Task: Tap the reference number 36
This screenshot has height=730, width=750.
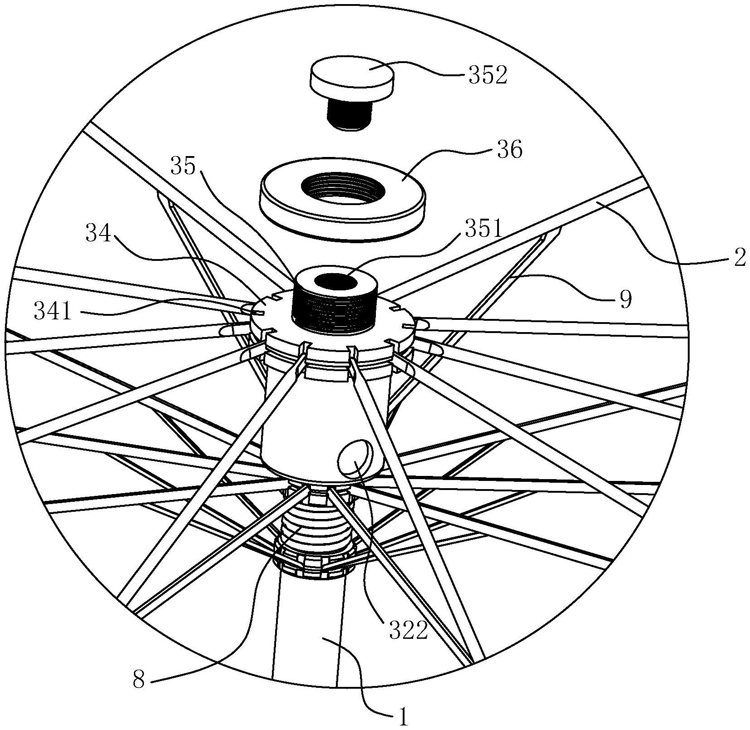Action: point(510,150)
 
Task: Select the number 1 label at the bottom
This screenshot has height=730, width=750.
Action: point(403,717)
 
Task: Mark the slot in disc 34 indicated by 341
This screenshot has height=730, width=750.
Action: point(261,313)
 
